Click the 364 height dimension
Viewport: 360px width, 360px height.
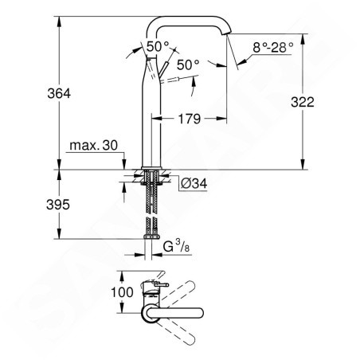point(59,93)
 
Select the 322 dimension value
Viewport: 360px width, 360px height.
point(303,102)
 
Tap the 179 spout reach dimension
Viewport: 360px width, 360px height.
point(190,119)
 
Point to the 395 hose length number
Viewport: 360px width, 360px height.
point(58,205)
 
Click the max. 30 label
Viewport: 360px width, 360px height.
point(93,146)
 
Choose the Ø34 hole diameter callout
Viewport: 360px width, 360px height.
point(194,183)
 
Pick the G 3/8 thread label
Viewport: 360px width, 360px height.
point(176,246)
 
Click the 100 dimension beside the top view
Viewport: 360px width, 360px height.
point(122,292)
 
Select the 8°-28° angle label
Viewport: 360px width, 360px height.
point(273,48)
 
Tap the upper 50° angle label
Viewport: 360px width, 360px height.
point(158,46)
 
